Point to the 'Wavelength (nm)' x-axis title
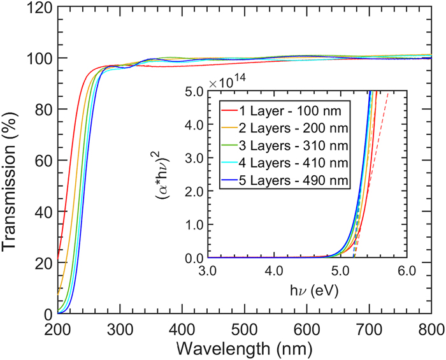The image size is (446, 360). coord(245,349)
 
